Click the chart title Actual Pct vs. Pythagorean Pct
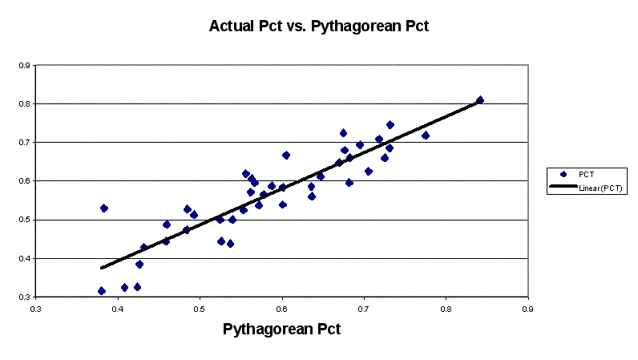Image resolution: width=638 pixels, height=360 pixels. [319, 26]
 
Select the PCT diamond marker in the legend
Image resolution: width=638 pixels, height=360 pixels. [563, 173]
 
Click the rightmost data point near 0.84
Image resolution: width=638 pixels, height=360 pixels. [480, 100]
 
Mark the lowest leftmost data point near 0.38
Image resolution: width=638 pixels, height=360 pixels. [102, 291]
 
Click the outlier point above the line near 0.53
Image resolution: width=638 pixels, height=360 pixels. [104, 208]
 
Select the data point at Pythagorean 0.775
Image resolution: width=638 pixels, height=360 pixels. [426, 136]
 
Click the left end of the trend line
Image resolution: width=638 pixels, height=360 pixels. [102, 268]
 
